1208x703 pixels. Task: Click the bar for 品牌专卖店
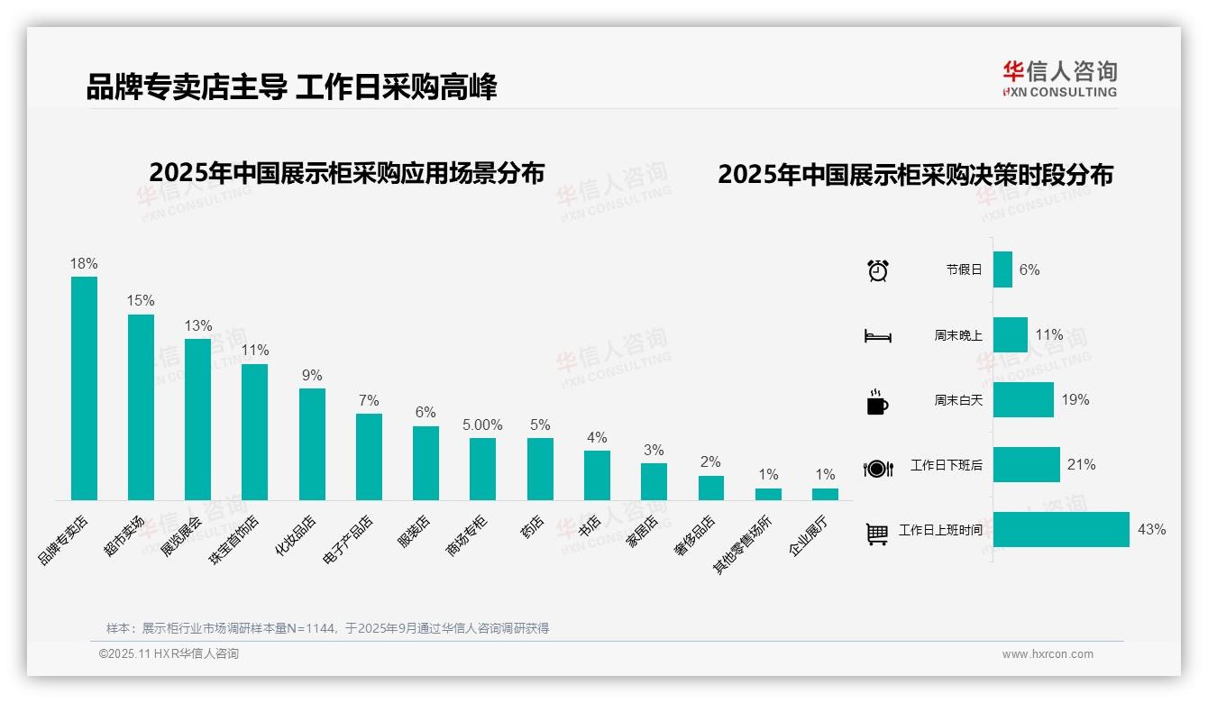(84, 388)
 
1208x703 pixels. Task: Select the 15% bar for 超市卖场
(141, 407)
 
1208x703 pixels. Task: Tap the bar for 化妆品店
(312, 444)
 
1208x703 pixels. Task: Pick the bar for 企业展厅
(825, 494)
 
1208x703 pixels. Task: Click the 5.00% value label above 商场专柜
(482, 425)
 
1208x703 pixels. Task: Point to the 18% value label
(84, 263)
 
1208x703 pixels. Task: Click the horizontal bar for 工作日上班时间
(1061, 529)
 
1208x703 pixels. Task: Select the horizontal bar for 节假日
(1002, 269)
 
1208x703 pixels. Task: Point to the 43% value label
(1151, 529)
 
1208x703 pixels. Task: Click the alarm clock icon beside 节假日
(877, 269)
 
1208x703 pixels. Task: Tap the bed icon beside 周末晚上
(877, 335)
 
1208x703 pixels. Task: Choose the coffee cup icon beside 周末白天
(877, 401)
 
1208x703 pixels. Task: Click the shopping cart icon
(877, 534)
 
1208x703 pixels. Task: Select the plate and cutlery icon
(877, 468)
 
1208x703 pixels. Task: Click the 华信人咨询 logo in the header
(1059, 78)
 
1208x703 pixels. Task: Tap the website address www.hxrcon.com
(1047, 654)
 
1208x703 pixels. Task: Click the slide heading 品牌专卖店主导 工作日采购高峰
(291, 87)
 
